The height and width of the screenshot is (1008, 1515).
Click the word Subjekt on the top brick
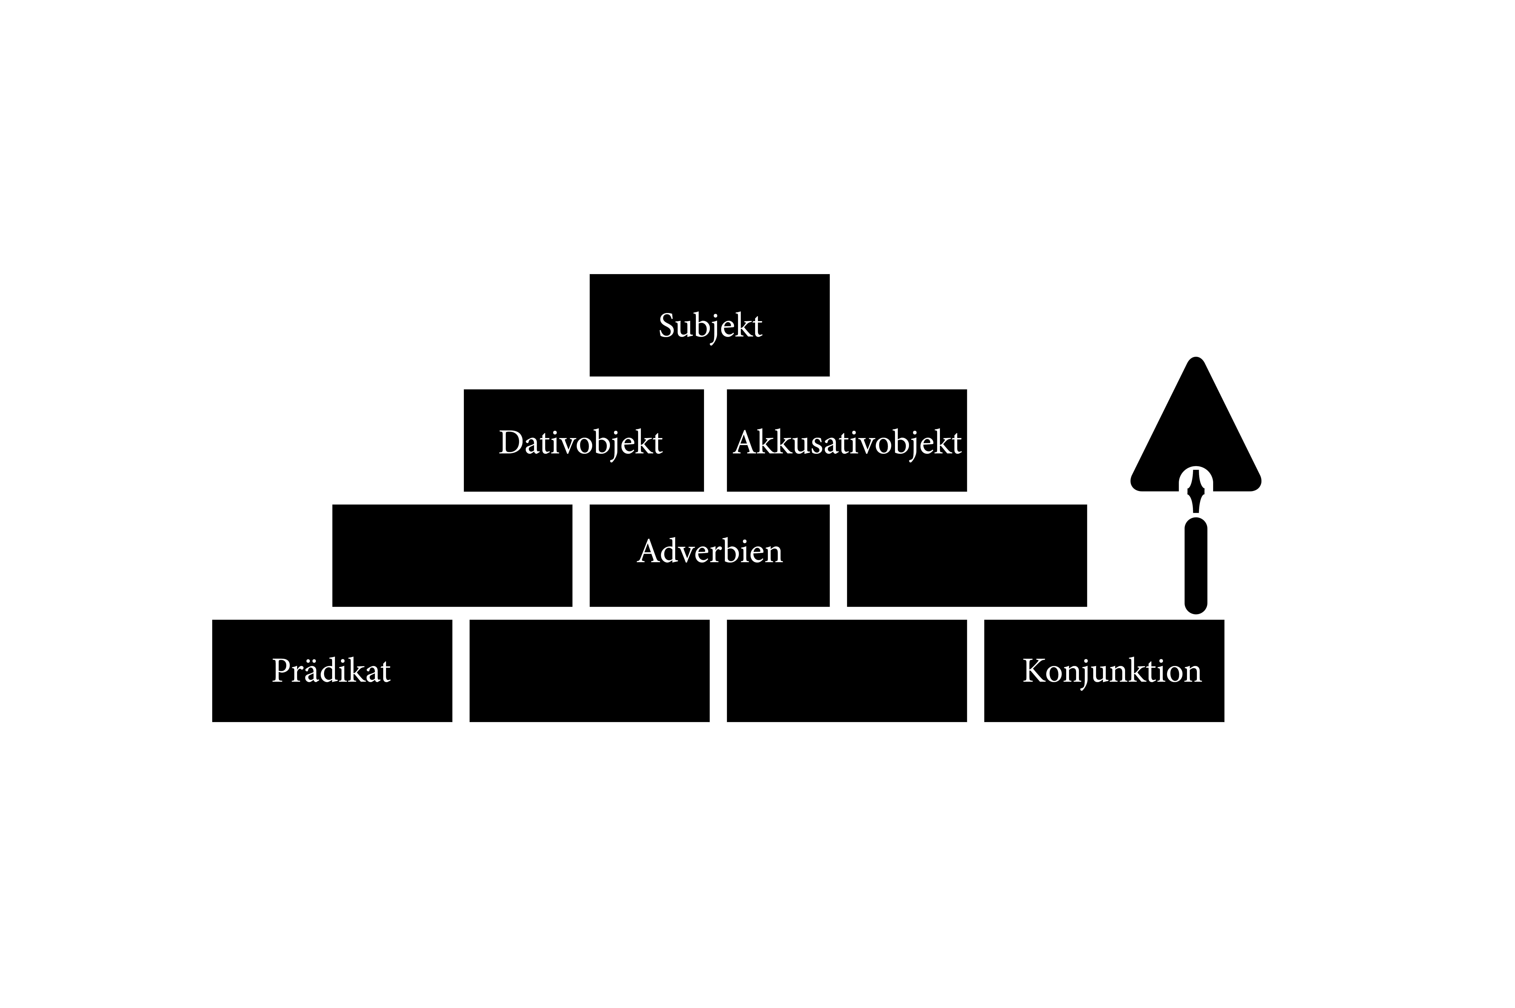click(710, 326)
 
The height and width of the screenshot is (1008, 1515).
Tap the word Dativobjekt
click(580, 443)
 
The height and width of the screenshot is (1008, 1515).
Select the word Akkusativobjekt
click(847, 443)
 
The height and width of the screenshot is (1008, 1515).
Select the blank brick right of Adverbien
click(967, 555)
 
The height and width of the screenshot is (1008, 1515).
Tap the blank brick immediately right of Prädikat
click(589, 671)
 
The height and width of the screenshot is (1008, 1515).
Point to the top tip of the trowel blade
click(1196, 357)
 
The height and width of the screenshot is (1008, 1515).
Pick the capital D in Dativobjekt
click(511, 443)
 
